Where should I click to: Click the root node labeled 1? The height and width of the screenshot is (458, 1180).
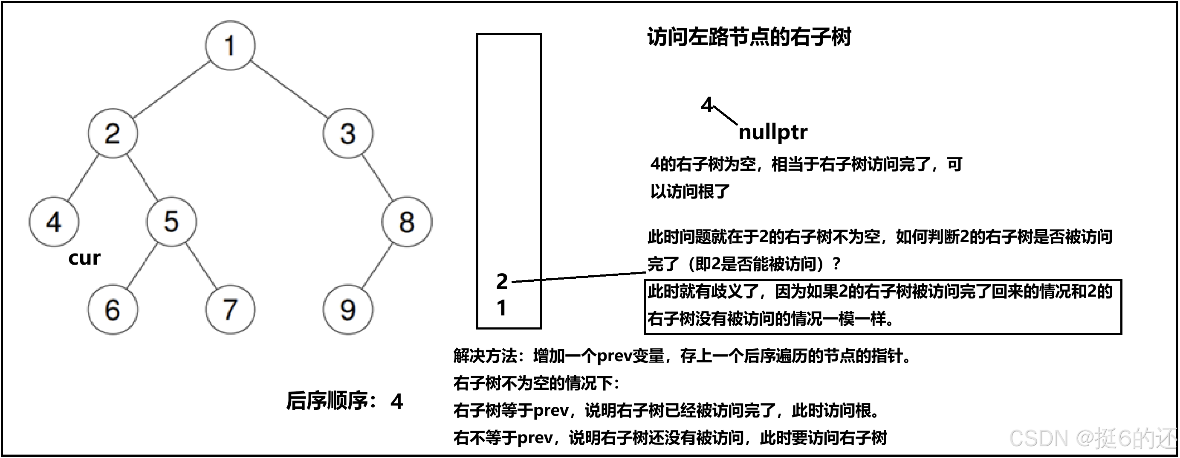pyautogui.click(x=230, y=45)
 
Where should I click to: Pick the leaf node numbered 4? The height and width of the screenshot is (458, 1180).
pyautogui.click(x=54, y=222)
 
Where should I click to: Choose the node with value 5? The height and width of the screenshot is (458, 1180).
pyautogui.click(x=172, y=222)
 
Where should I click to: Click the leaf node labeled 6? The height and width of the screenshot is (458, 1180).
pyautogui.click(x=113, y=309)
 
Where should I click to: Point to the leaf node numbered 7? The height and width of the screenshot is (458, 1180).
pyautogui.click(x=230, y=309)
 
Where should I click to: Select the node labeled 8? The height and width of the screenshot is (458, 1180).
pyautogui.click(x=407, y=222)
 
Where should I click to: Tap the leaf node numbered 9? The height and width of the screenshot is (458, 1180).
pyautogui.click(x=348, y=309)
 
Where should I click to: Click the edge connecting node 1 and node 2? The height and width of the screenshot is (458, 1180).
pyautogui.click(x=172, y=89)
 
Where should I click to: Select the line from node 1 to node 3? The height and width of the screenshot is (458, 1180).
pyautogui.click(x=289, y=89)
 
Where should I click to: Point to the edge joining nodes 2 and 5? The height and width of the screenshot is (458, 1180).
pyautogui.click(x=142, y=178)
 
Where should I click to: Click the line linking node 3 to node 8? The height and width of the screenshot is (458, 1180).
pyautogui.click(x=377, y=178)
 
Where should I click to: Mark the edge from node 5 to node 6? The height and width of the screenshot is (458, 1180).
pyautogui.click(x=142, y=266)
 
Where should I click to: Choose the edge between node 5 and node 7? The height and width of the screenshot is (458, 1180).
pyautogui.click(x=201, y=266)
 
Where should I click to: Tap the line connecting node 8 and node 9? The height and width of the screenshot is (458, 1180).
pyautogui.click(x=377, y=266)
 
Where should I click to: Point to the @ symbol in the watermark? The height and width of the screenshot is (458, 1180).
pyautogui.click(x=1084, y=438)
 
